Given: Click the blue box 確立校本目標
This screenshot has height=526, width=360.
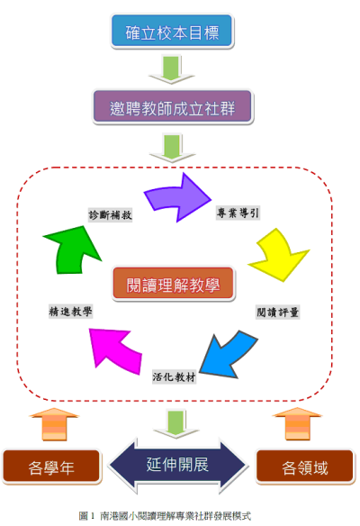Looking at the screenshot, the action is point(172,31).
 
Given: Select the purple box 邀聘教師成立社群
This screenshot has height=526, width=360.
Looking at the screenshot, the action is point(172,106).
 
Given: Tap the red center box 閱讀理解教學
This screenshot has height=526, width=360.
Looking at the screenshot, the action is point(173,284).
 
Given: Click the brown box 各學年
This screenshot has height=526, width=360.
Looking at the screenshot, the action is point(51,467).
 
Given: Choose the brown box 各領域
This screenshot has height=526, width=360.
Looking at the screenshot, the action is point(305,467).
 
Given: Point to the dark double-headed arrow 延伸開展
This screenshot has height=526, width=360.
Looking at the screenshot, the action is point(177,466).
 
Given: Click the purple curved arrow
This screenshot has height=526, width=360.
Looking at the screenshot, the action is point(176,198).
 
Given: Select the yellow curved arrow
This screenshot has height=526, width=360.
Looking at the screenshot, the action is point(279,255).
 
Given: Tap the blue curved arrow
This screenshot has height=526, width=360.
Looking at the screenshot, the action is point(228,356).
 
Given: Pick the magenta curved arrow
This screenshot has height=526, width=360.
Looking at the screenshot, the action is point(114,349).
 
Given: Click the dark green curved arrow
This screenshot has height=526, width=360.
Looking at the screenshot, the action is point(72,249).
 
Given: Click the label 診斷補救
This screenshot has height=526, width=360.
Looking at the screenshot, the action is point(111,214).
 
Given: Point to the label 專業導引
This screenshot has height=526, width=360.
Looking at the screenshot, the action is point(238,213).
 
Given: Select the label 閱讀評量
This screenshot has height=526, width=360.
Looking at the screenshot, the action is point(277,313).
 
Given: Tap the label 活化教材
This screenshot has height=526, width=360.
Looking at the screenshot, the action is point(174,377).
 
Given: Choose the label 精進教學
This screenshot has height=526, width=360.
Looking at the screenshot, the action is point(70,312).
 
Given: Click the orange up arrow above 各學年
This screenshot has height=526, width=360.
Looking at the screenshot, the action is point(54,424).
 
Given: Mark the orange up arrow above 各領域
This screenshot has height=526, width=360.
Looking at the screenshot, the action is point(297,423).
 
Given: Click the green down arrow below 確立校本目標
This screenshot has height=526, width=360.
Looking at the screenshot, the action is point(172,69).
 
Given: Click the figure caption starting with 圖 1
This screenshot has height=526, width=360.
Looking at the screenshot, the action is point(165,515).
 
